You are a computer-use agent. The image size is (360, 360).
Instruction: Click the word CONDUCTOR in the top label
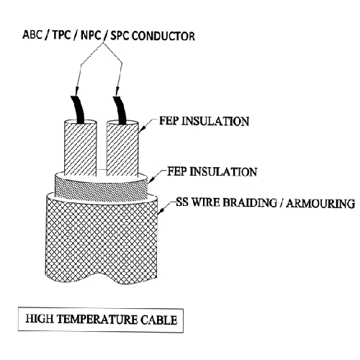click(x=163, y=36)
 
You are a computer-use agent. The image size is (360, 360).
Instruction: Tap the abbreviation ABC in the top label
click(x=32, y=35)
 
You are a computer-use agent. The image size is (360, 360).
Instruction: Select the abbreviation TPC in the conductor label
click(x=62, y=35)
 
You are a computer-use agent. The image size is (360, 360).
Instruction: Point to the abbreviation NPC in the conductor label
click(x=91, y=35)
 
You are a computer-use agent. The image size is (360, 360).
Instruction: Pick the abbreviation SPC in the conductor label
click(x=120, y=36)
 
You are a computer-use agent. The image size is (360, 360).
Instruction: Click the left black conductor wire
click(x=78, y=109)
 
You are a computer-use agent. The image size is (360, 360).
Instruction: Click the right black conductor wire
click(x=120, y=110)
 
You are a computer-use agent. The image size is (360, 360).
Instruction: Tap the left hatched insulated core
click(x=81, y=148)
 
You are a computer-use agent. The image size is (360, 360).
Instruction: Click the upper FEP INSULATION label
click(x=204, y=121)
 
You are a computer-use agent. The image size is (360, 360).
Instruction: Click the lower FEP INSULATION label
click(x=212, y=172)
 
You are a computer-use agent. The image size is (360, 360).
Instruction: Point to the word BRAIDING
click(x=250, y=203)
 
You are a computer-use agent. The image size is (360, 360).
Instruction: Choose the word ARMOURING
click(x=320, y=204)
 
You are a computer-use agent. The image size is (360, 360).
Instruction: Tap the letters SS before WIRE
click(x=182, y=202)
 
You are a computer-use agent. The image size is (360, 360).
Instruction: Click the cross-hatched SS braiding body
click(x=102, y=240)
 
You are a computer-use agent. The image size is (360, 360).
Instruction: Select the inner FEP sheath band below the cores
click(x=101, y=189)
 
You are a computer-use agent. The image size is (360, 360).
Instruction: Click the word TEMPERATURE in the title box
click(x=97, y=320)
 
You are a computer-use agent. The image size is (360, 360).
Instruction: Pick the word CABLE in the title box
click(x=159, y=320)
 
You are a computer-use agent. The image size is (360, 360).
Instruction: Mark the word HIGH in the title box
click(x=40, y=319)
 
